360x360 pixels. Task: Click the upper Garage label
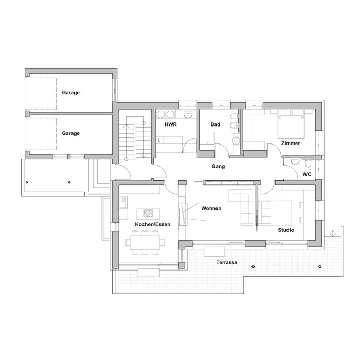tap(71, 93)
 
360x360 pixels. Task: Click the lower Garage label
tap(71, 133)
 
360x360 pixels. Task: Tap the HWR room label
tap(171, 124)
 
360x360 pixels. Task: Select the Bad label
tap(215, 124)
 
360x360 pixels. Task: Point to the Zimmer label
tap(291, 143)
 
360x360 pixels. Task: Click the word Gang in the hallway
tap(218, 166)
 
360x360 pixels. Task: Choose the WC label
tap(307, 174)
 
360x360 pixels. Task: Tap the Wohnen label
tap(211, 208)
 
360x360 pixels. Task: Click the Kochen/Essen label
tap(153, 224)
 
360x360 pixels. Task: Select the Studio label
tap(286, 230)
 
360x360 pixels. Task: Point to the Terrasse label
tap(227, 262)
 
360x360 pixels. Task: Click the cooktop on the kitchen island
tap(148, 213)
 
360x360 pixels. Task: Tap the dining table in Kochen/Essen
tap(145, 243)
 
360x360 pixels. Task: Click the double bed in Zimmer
tap(292, 127)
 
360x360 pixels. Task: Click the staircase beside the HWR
tap(135, 140)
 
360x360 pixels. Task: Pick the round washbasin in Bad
tap(236, 141)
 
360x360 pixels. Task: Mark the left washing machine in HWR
tap(160, 114)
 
